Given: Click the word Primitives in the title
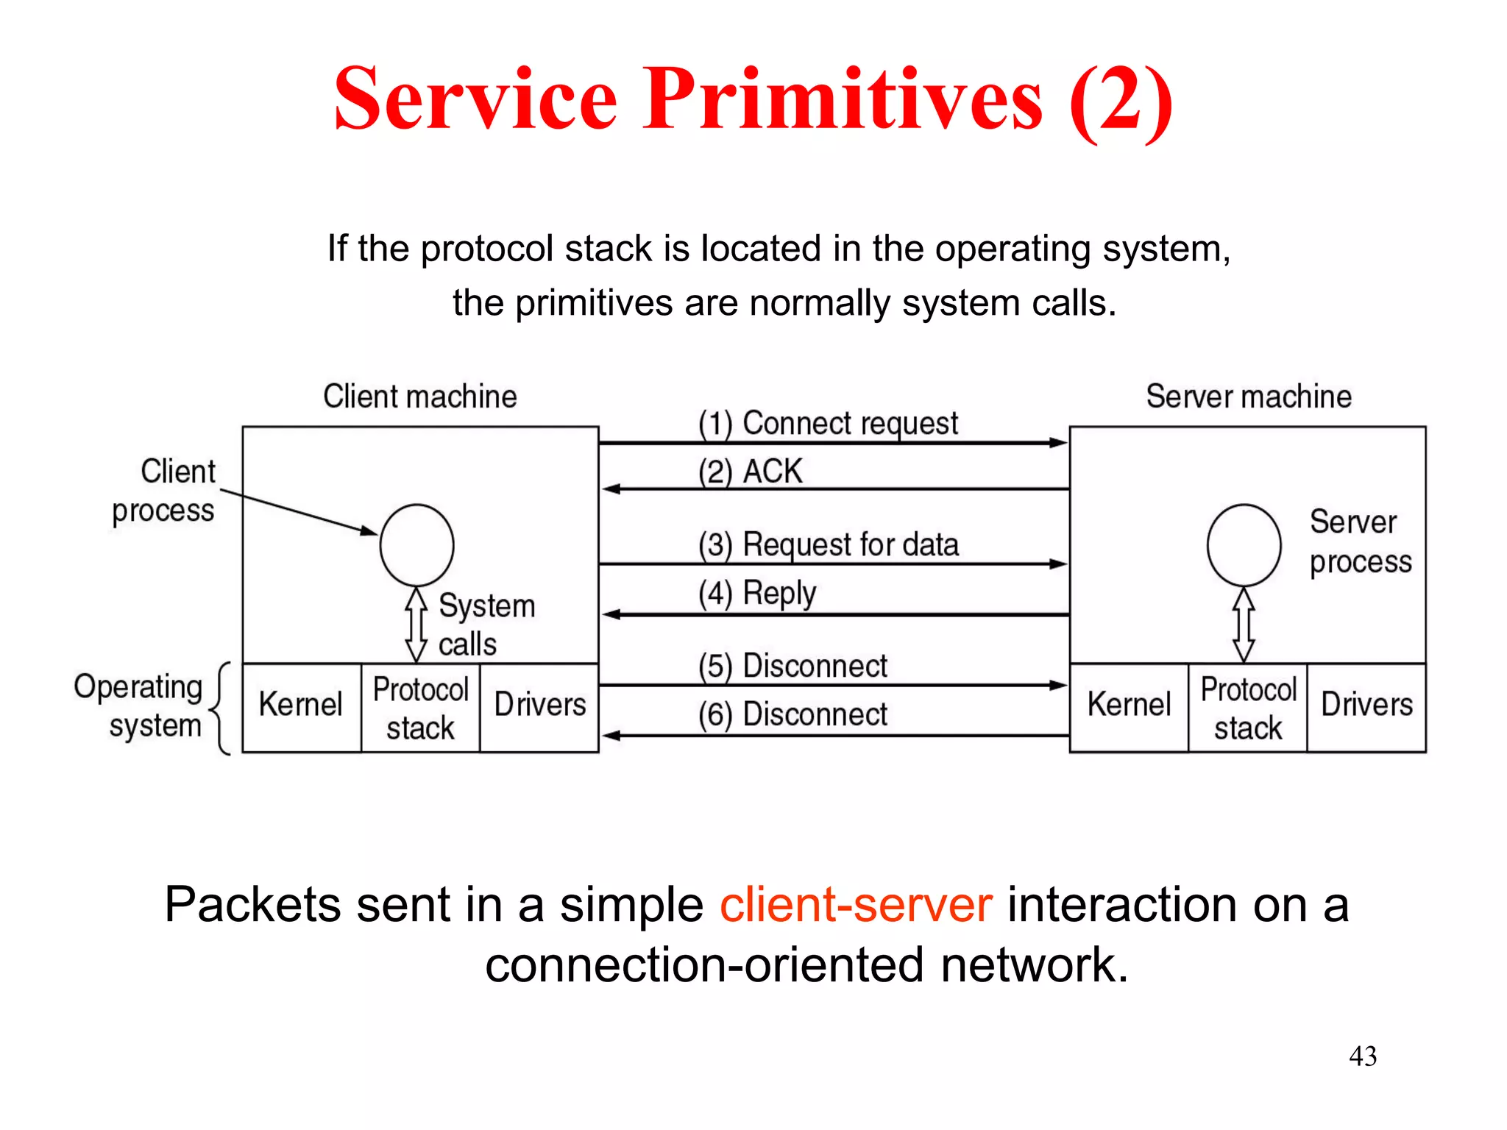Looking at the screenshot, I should [843, 99].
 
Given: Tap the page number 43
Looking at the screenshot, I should [1363, 1056].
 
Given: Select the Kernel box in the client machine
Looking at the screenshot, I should [301, 706].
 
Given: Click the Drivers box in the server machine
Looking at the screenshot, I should [1366, 706].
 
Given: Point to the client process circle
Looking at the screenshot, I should [416, 545].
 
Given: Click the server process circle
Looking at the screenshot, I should [1244, 545].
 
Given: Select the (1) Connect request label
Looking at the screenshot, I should [828, 423].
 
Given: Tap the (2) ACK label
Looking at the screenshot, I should [750, 472].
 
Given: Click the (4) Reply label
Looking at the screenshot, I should [757, 593].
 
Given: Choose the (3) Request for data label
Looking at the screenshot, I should [829, 545].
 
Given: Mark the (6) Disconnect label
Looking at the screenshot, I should [792, 714].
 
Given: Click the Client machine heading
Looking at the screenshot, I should [420, 397].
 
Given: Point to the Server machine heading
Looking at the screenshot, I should [1249, 397].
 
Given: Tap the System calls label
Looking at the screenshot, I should [486, 625].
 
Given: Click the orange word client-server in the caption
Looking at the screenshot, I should [856, 905].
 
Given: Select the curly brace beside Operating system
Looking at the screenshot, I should [221, 708].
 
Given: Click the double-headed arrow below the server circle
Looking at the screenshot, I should [1244, 625].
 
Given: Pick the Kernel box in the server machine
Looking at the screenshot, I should [1129, 706].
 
